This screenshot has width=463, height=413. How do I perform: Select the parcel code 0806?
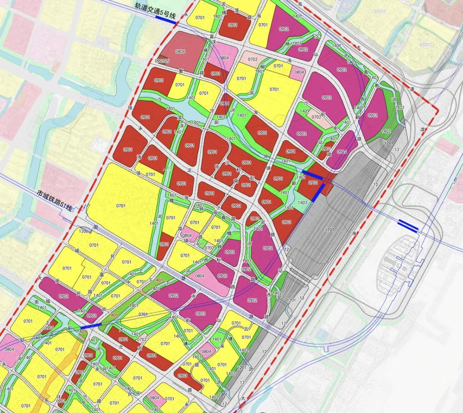point(180,51)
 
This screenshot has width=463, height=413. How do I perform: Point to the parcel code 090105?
point(162,61)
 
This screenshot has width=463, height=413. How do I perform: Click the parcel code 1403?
point(302,203)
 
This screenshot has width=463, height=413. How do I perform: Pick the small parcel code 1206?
point(84,231)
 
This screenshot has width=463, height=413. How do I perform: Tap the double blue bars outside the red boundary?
point(408,225)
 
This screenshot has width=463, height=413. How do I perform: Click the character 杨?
point(288,44)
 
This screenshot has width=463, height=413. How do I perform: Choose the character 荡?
point(237,10)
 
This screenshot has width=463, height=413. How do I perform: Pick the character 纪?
point(22,340)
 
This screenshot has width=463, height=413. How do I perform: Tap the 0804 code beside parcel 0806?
point(224,58)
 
